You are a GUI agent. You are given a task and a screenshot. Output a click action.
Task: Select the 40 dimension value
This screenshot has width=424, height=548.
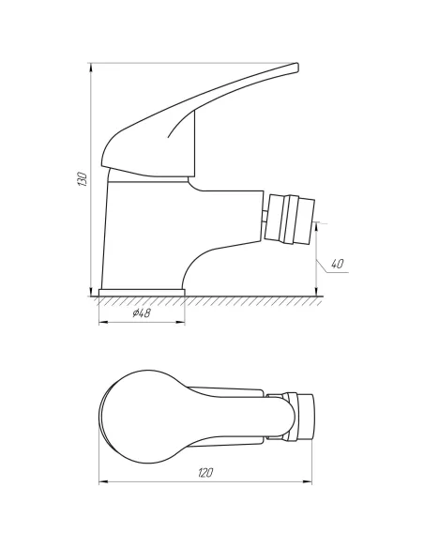337,264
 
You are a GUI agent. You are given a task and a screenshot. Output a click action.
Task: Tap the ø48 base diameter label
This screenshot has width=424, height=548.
142,313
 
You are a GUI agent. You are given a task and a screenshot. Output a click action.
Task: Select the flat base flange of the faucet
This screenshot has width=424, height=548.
142,292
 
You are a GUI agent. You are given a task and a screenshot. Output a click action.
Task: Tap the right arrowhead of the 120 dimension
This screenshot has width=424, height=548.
313,484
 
